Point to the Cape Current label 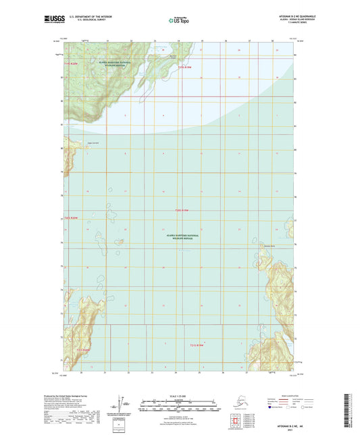pos(70,142)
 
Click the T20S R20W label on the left pos(72,218)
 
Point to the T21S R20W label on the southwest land pos(82,349)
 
